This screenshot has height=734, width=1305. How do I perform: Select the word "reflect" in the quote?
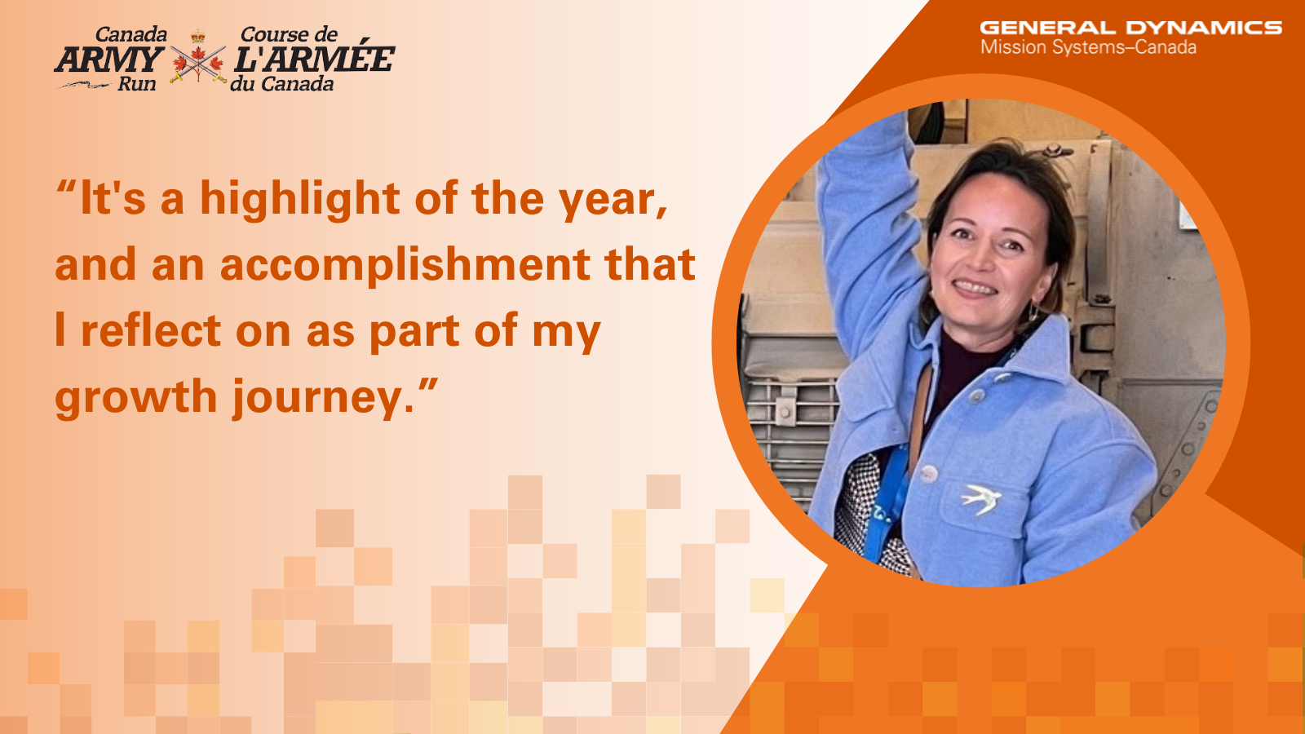coord(151,330)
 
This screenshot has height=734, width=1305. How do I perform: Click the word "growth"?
coord(135,397)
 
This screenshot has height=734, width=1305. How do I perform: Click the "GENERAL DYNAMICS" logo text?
coord(1130,28)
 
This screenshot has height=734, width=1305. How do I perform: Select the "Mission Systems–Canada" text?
coord(1088,47)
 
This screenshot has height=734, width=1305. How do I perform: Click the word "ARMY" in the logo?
coord(109,60)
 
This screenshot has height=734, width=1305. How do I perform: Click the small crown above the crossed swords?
coord(198,36)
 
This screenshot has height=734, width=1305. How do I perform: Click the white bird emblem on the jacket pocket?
coord(981,499)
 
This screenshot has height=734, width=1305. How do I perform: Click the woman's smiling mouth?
coord(975,288)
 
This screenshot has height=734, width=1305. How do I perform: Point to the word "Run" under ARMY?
coord(137,84)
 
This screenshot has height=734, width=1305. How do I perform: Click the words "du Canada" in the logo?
coord(282,84)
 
